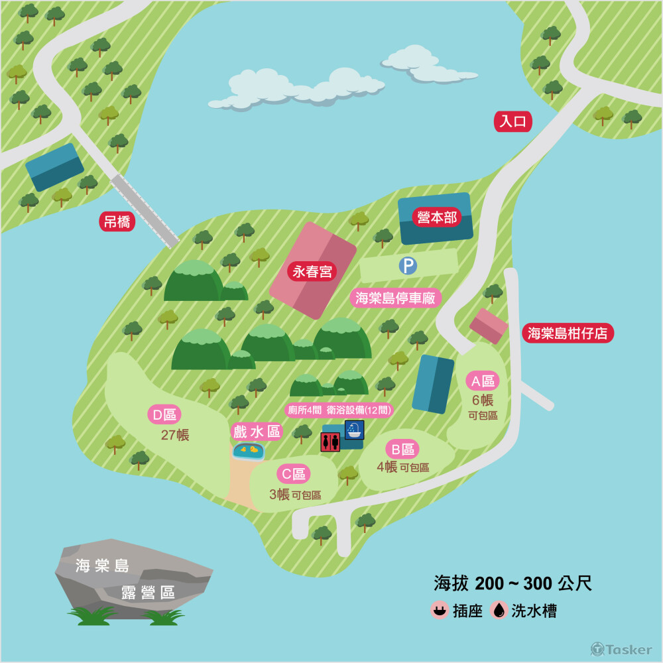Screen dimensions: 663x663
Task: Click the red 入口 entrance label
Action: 513,121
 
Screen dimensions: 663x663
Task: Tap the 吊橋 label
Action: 117,221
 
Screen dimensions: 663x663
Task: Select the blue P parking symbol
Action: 407,266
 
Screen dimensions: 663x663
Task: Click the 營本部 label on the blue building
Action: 437,217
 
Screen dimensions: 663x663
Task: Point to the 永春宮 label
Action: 312,271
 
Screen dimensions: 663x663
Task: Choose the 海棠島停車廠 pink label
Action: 395,298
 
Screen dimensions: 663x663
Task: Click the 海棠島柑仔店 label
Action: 568,333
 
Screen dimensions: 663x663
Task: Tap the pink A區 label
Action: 483,381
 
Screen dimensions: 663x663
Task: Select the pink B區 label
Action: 402,450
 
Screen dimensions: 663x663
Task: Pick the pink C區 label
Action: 293,474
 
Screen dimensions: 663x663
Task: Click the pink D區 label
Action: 164,415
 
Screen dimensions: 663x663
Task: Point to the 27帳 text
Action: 175,436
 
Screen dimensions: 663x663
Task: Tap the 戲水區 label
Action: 257,432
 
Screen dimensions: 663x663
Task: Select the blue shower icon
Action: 354,430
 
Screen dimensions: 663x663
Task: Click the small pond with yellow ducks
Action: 249,451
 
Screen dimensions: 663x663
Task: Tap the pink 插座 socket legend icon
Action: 439,610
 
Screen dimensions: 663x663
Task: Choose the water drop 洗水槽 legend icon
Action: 499,610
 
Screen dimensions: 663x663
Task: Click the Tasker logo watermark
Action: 621,649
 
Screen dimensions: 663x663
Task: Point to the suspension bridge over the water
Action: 145,210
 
